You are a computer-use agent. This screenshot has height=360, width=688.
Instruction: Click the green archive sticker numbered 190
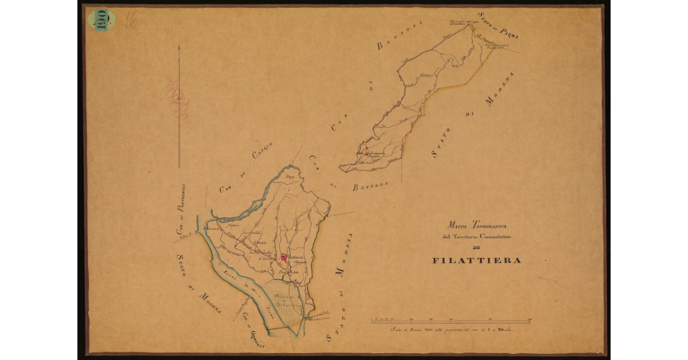pos(101,20)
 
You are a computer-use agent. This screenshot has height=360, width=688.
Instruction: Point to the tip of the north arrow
pos(179,47)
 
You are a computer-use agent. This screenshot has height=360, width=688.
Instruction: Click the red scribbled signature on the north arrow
pos(179,97)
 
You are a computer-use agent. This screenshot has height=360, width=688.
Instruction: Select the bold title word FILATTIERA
pos(476,260)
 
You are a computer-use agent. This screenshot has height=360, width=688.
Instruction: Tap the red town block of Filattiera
pos(283,259)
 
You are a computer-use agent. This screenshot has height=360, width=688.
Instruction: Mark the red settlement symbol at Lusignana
pos(366,154)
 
